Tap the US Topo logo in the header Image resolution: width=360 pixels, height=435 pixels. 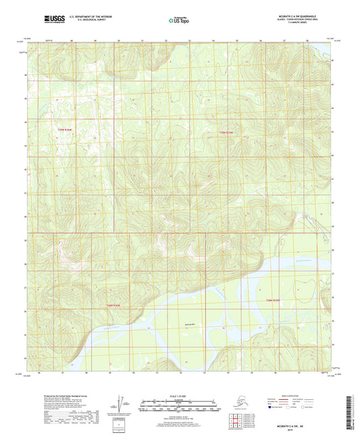pyautogui.click(x=178, y=21)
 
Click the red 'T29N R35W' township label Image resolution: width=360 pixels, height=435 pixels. pyautogui.click(x=230, y=132)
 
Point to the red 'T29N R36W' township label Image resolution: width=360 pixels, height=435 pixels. pyautogui.click(x=64, y=129)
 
